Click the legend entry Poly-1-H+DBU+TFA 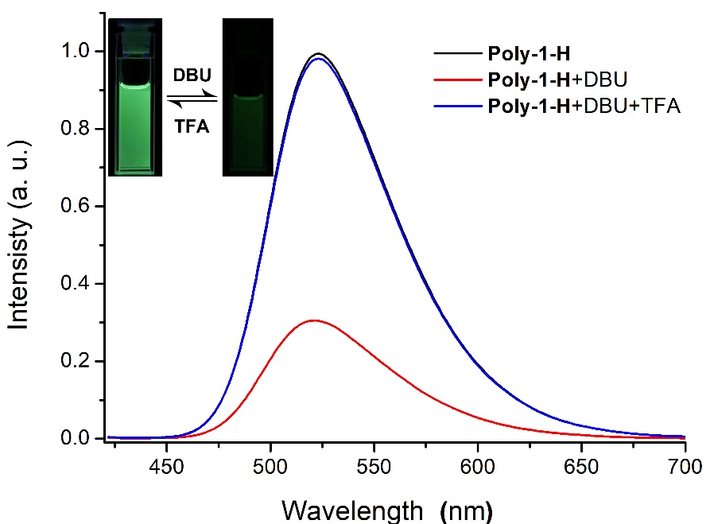coord(584,105)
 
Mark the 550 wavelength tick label coord(374,464)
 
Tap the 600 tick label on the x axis coord(478,464)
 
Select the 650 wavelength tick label coord(581,464)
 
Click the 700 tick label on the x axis coord(685,464)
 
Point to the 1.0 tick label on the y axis coord(80,52)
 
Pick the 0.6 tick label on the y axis coord(80,207)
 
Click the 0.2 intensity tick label coord(80,362)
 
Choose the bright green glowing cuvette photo coord(135,96)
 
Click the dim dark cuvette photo coord(247,96)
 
